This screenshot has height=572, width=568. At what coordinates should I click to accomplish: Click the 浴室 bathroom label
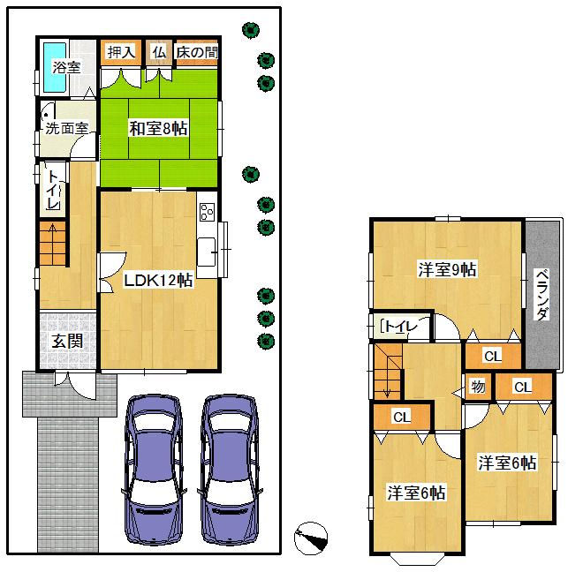[x=66, y=66]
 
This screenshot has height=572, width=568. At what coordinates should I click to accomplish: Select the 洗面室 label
[x=66, y=127]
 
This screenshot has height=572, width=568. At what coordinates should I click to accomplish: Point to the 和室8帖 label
[x=159, y=129]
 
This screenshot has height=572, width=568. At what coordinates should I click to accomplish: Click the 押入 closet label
[x=120, y=52]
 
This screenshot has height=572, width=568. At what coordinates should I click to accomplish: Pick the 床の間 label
[x=196, y=52]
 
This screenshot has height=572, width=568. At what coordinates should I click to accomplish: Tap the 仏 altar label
[x=158, y=52]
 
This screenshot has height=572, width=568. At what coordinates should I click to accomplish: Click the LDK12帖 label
[x=158, y=281]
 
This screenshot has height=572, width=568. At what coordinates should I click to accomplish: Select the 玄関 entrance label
[x=66, y=339]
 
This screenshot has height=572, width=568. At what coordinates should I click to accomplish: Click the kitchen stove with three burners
[x=208, y=212]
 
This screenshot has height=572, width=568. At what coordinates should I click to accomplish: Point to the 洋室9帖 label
[x=447, y=270]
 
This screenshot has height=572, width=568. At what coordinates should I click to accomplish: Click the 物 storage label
[x=478, y=387]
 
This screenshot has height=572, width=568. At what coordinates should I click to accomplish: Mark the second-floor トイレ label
[x=397, y=327]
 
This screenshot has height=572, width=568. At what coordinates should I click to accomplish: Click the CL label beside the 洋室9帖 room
[x=492, y=356]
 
